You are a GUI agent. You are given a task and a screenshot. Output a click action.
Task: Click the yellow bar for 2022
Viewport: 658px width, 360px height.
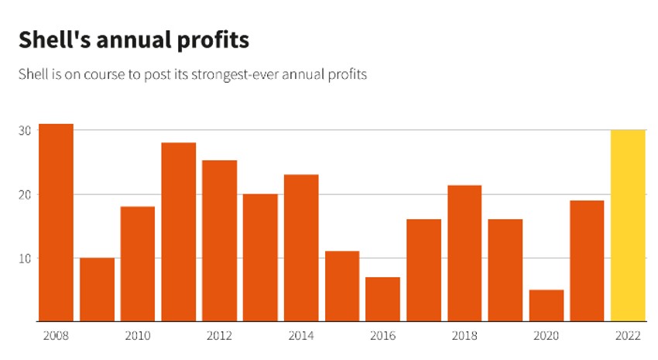[628, 225]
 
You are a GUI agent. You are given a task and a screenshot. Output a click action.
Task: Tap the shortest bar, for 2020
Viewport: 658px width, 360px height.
[547, 305]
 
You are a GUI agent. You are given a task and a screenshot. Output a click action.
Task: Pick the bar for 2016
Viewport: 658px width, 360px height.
[382, 299]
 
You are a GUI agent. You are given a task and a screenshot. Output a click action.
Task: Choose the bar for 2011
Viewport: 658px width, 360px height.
[179, 231]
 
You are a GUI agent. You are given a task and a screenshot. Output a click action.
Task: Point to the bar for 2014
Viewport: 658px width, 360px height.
[301, 248]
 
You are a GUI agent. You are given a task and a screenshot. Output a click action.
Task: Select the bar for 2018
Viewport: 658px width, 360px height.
[464, 253]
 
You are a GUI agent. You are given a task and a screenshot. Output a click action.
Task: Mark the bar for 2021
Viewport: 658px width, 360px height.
[587, 260]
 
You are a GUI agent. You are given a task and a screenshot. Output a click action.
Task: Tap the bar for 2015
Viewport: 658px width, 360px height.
[342, 286]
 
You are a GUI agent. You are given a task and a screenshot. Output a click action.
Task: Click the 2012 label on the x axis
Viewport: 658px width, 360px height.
[219, 337]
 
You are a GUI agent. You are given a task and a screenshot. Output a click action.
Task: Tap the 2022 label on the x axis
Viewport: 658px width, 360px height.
[628, 337]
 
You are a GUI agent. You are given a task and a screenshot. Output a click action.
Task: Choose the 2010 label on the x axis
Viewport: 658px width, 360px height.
[138, 337]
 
